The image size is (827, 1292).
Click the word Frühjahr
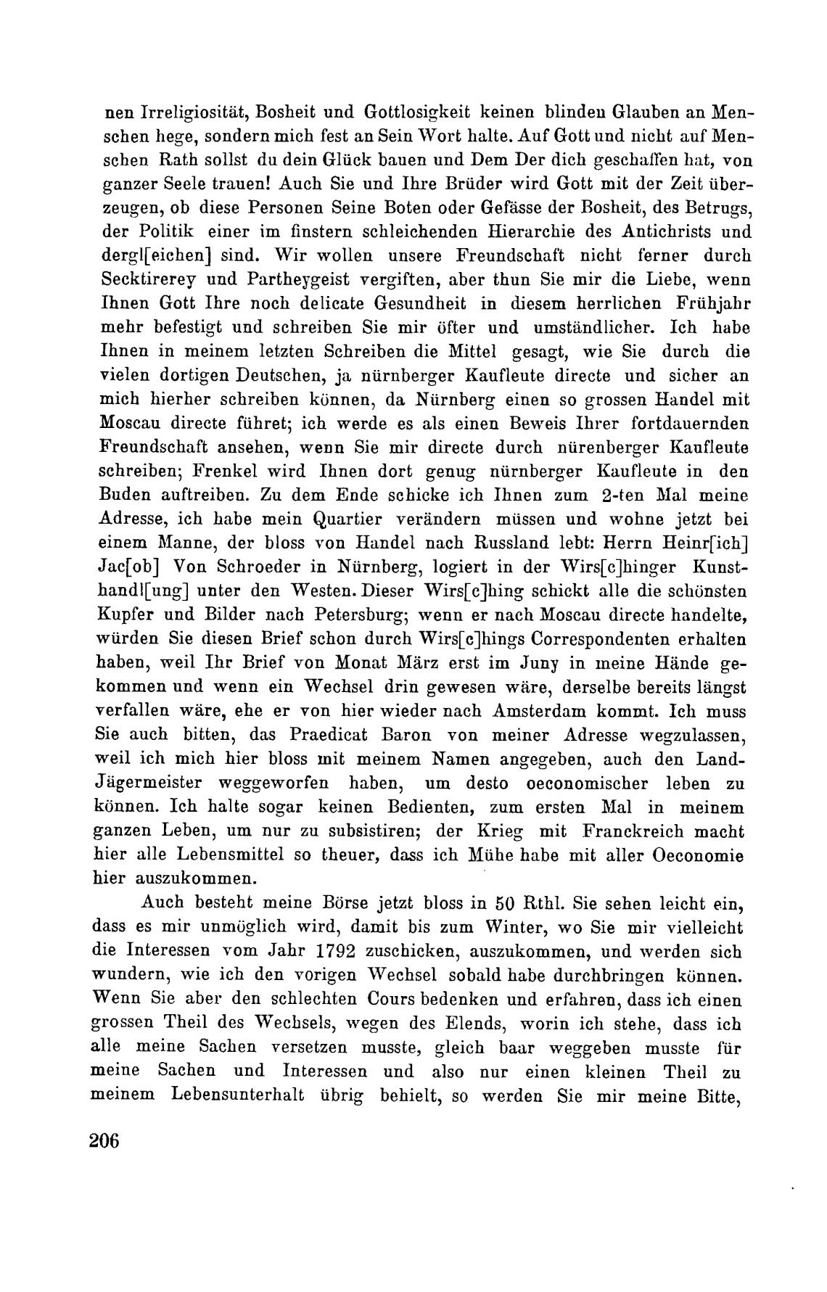(x=709, y=304)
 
